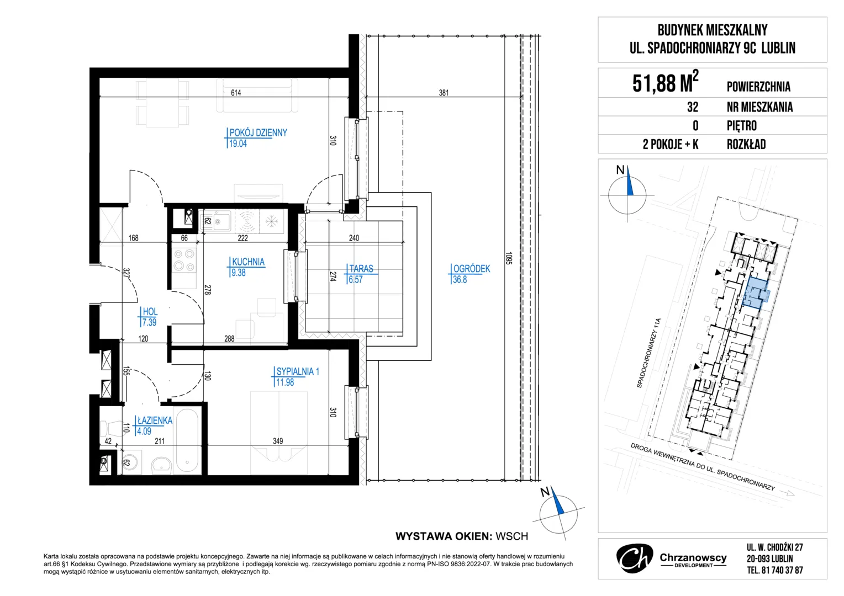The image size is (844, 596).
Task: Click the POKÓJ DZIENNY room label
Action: coord(258,132)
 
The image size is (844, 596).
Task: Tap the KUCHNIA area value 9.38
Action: coord(238,273)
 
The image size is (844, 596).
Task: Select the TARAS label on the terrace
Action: coord(361,268)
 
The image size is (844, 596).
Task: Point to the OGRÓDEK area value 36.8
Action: coord(460,279)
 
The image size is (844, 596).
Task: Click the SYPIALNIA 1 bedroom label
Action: coord(298,371)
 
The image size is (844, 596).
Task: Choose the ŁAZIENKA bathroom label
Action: coord(155,420)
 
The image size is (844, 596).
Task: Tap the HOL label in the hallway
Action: coord(150,311)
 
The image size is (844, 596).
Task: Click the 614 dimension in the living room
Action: coord(236,93)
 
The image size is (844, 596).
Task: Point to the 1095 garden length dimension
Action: coord(509,258)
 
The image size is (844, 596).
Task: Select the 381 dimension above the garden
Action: coord(444,93)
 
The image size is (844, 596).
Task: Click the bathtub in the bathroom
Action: coord(187,440)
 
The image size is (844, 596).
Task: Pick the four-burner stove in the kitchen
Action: coord(184,260)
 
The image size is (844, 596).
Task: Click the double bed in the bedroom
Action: coord(279,433)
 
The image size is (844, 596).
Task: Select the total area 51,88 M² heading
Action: coord(666,82)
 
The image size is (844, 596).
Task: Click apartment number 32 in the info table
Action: coord(693,107)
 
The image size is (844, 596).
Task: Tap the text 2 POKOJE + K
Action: coord(671,144)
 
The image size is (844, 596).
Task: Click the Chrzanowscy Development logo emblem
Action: coord(635,558)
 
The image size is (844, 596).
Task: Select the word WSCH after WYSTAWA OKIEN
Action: coord(511,536)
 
